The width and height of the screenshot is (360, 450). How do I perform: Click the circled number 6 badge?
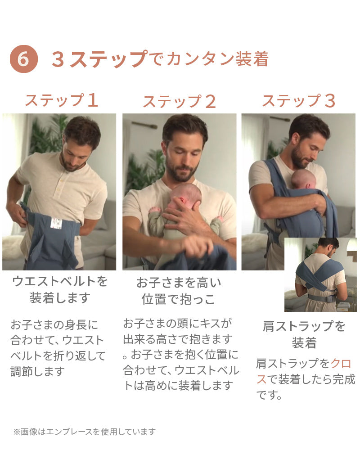click(23, 59)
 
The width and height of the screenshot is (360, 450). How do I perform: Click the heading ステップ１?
click(62, 100)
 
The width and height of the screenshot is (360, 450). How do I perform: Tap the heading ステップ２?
click(180, 101)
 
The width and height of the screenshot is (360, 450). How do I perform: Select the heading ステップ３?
click(298, 101)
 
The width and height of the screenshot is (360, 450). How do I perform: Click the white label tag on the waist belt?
click(56, 224)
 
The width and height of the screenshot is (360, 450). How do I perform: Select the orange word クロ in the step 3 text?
click(341, 364)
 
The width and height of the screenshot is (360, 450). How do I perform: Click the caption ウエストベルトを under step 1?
click(60, 281)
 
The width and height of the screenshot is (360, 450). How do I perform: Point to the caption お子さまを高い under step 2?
click(179, 283)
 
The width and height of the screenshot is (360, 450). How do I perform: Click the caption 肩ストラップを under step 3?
click(304, 326)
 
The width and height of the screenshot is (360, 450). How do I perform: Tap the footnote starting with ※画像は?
click(85, 432)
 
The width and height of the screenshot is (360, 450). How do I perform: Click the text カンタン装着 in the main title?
click(217, 59)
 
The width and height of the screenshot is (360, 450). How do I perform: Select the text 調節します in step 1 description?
click(37, 372)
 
